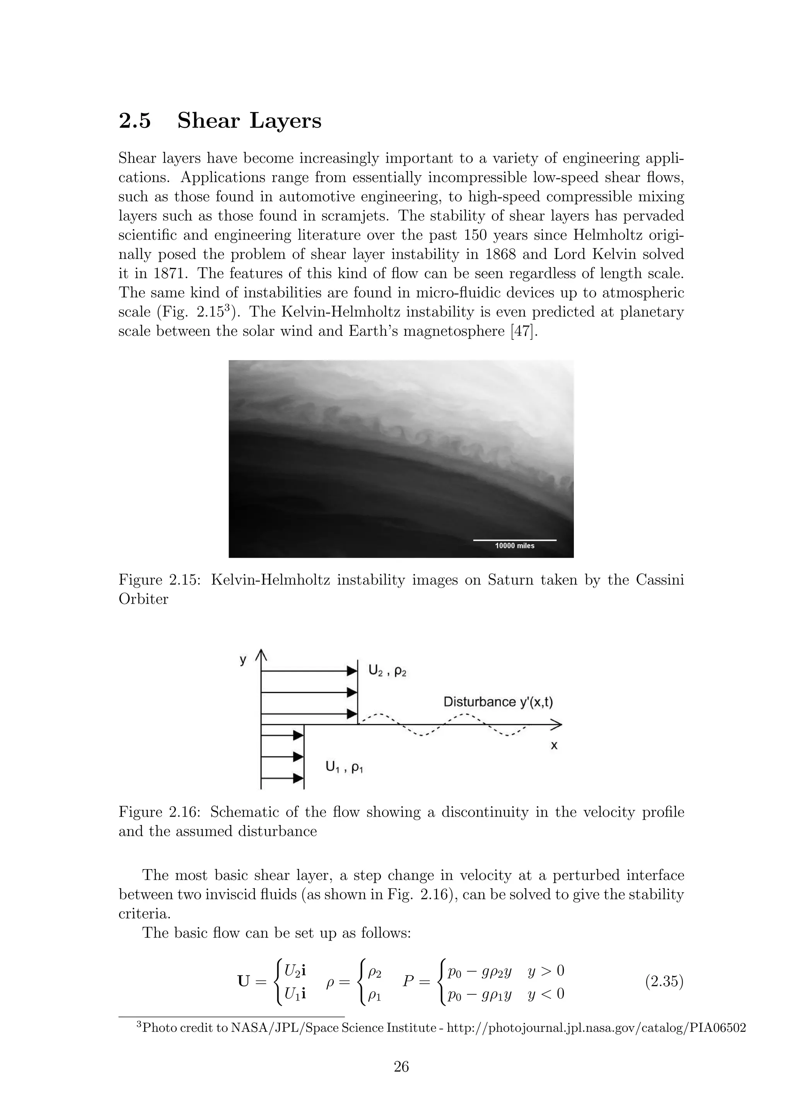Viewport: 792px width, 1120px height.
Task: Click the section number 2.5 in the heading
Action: tap(135, 121)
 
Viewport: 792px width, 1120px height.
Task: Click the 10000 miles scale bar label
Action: tap(514, 546)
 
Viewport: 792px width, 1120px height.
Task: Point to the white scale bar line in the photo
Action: tap(514, 540)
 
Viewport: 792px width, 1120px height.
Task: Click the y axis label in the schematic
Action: tap(243, 660)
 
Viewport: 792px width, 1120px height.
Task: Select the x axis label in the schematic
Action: tap(554, 746)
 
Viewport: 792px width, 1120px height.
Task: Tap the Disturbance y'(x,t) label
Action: tap(498, 702)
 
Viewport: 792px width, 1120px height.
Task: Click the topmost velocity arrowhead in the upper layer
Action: tap(352, 671)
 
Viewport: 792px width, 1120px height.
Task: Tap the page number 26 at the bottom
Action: tap(401, 1066)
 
